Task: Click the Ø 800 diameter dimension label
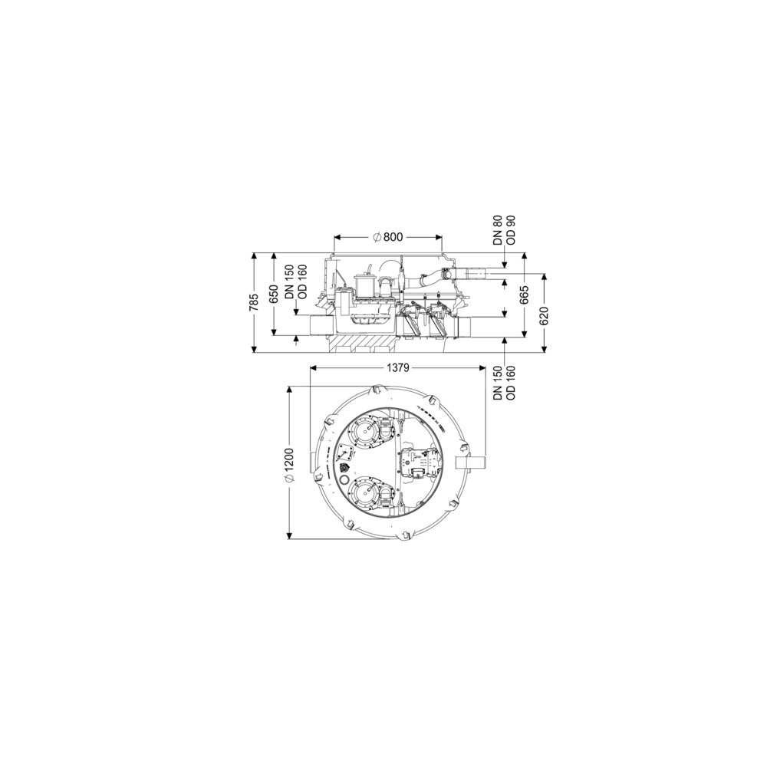coord(387,237)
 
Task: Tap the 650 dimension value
coord(274,294)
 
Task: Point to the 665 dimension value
coord(525,295)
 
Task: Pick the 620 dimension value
coord(545,316)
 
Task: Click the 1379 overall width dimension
coord(397,368)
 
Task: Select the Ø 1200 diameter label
coord(289,466)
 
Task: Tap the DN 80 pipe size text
coord(499,230)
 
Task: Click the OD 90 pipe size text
coord(512,230)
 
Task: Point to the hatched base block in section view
coord(364,344)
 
